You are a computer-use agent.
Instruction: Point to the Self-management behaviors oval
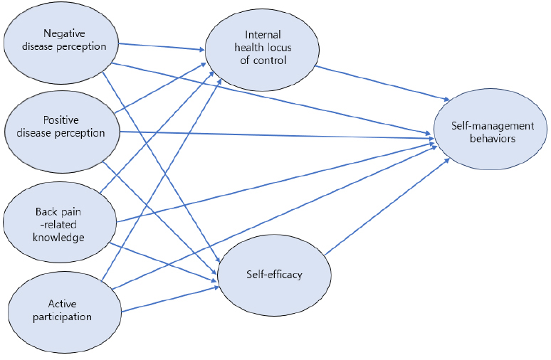tap(492, 132)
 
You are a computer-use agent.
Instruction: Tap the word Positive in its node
tap(61, 120)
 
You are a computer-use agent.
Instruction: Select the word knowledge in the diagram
tap(60, 237)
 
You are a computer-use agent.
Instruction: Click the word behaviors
tap(492, 139)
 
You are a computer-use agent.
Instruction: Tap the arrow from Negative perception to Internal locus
tap(160, 48)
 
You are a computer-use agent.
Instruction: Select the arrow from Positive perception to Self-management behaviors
tap(278, 133)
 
